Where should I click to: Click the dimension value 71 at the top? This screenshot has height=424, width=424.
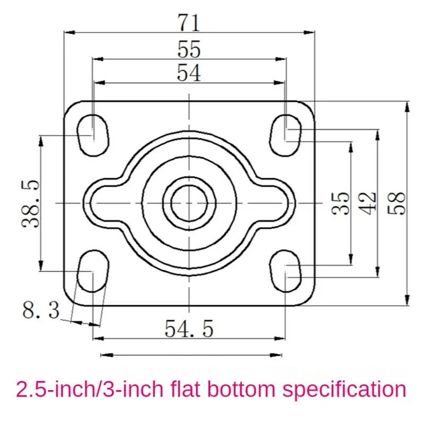(x=189, y=23)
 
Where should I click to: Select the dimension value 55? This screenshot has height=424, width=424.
(x=189, y=50)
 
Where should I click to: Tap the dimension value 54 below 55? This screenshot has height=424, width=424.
(x=189, y=73)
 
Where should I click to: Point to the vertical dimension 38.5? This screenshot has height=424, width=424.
(x=30, y=203)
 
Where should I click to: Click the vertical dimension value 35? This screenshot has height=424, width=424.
(x=342, y=203)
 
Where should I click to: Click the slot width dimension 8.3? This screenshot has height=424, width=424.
(x=41, y=310)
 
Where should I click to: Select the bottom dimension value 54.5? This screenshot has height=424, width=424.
(x=189, y=329)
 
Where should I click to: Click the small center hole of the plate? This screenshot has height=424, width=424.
(x=189, y=203)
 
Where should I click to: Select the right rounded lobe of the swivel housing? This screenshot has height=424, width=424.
(x=277, y=203)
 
